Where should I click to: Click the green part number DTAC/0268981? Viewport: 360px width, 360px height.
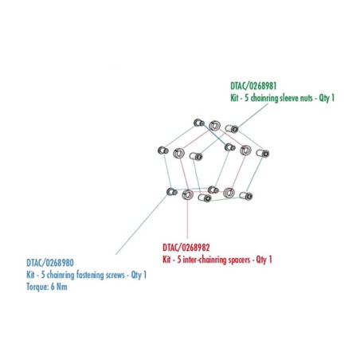253,86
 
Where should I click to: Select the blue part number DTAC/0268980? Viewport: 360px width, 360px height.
50,263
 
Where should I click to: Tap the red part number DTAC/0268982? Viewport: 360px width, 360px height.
186,248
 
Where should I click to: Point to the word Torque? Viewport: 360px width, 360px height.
36,287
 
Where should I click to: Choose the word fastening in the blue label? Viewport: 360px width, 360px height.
90,275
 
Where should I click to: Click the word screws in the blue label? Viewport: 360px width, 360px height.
115,275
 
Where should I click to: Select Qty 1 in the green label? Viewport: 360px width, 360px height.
327,98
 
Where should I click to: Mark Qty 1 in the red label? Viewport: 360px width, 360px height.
264,260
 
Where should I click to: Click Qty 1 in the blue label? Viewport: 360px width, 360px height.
139,275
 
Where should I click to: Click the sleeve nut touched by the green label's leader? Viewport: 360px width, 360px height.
232,129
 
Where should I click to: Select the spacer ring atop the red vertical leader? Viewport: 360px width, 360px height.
187,195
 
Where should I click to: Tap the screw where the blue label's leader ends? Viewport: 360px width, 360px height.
172,191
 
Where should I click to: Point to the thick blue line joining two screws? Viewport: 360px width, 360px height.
214,135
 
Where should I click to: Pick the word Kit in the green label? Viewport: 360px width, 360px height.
234,98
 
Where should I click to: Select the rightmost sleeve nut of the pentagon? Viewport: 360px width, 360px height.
263,153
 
